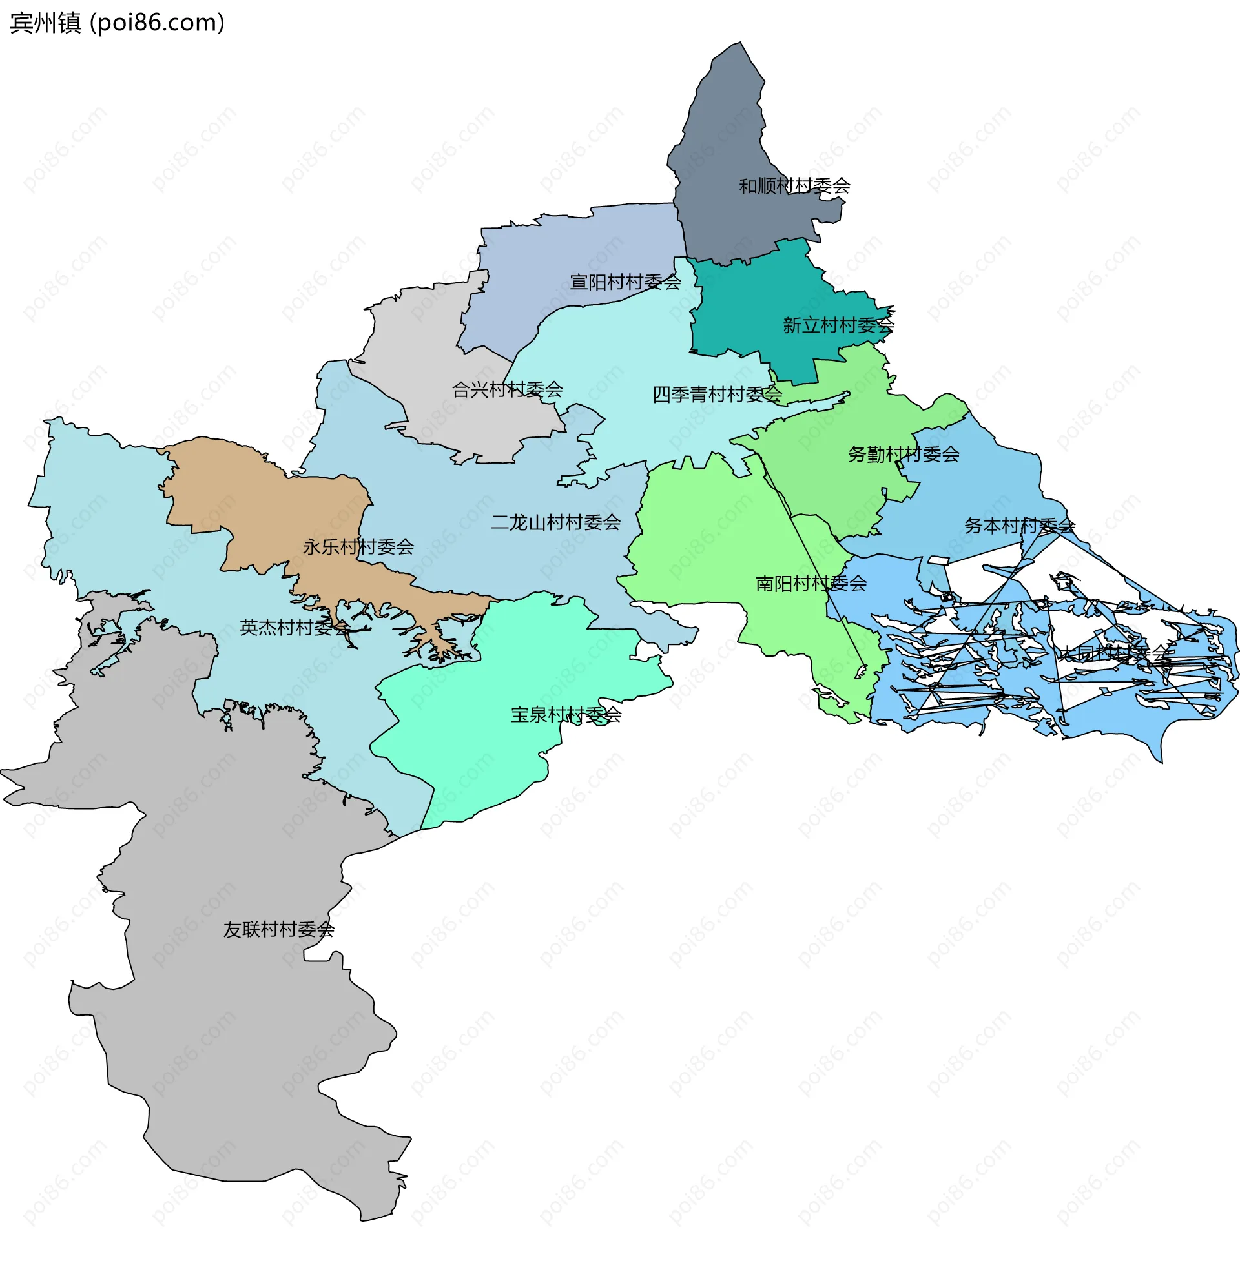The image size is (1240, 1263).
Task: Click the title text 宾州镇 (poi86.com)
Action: click(x=118, y=23)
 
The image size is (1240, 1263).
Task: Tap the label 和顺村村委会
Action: click(x=794, y=186)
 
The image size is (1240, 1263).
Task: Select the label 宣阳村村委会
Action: click(x=625, y=282)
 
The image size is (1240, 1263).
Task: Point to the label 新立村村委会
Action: click(x=838, y=325)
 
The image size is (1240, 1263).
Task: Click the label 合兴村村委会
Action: click(x=508, y=389)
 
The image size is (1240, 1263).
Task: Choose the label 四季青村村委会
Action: click(x=717, y=394)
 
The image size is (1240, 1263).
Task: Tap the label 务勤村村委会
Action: click(x=904, y=454)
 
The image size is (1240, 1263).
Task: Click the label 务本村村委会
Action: click(x=1019, y=526)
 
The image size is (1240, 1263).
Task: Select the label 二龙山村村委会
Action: click(x=555, y=522)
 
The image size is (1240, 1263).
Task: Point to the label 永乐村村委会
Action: click(x=358, y=547)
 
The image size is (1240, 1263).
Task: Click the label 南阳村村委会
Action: click(x=811, y=583)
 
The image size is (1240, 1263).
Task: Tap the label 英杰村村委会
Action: click(x=295, y=628)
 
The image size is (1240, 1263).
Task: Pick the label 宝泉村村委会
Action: click(x=566, y=715)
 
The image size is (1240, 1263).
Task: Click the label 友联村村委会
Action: click(x=279, y=929)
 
